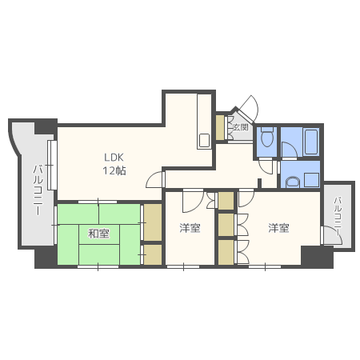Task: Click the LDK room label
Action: (x=114, y=158)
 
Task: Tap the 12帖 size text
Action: (x=114, y=170)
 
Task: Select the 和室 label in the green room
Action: (x=98, y=234)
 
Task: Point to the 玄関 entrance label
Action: (x=241, y=127)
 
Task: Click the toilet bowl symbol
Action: (x=267, y=137)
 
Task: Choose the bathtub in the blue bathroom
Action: (x=311, y=142)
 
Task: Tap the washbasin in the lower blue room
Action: (x=293, y=182)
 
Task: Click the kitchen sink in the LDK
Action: (x=204, y=140)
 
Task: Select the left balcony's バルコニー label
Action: (x=38, y=190)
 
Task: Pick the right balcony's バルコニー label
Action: (x=338, y=216)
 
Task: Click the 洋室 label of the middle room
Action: (x=190, y=228)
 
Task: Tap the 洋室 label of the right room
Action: (x=278, y=228)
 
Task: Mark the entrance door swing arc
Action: (x=255, y=102)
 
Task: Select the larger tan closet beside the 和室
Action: (x=153, y=222)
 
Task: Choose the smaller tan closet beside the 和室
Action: (x=153, y=254)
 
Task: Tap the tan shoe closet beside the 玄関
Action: (x=220, y=127)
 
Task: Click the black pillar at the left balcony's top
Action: (x=46, y=127)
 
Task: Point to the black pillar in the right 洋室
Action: (x=317, y=257)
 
